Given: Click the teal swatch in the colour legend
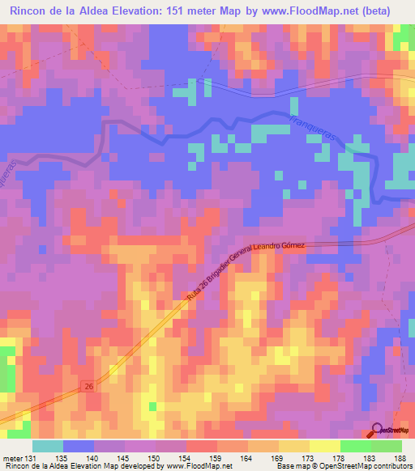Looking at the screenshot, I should coord(48,445).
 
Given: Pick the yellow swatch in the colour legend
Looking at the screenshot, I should coord(325,445).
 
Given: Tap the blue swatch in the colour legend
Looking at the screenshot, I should coord(79,445).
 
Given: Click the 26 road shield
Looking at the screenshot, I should coord(88,389).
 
